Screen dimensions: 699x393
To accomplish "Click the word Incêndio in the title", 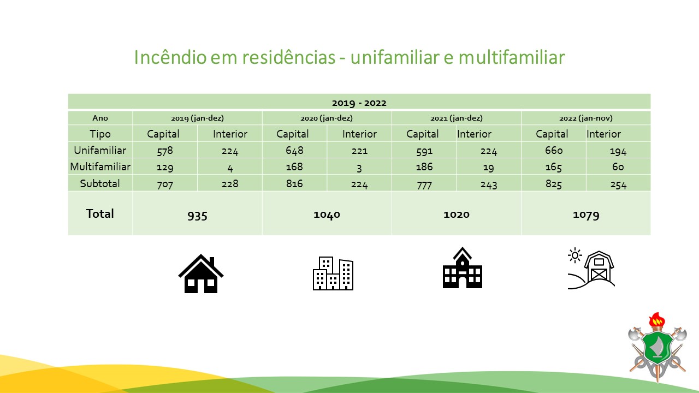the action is (x=170, y=57).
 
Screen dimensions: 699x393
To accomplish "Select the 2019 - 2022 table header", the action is (x=359, y=103).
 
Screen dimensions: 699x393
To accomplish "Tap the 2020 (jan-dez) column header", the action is (x=327, y=118).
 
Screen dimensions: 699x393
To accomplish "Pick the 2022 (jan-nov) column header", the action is (x=586, y=118).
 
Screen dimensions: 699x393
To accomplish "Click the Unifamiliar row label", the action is (x=100, y=150).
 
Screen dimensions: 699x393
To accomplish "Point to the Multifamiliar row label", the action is (x=100, y=167).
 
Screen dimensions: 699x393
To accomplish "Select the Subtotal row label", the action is (x=100, y=183).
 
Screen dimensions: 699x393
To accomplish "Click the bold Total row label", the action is (x=100, y=213).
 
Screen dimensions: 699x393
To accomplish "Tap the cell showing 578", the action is (x=165, y=151).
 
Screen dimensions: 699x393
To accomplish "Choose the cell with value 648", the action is (x=294, y=150).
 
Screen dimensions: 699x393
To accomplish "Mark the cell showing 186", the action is (x=424, y=167).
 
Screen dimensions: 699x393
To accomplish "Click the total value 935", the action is (x=197, y=215).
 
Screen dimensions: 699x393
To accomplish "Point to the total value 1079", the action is (x=586, y=215).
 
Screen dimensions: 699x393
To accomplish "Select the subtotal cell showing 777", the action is (x=424, y=185).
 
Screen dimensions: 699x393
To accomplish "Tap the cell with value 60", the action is (x=618, y=167).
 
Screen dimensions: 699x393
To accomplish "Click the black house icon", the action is (x=200, y=273).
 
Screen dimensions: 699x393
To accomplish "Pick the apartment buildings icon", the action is (x=333, y=273).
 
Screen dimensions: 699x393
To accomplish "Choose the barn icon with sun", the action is (x=591, y=269).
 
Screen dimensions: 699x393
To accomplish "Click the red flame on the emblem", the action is (x=657, y=319).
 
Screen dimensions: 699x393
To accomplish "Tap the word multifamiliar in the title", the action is (x=512, y=57).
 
